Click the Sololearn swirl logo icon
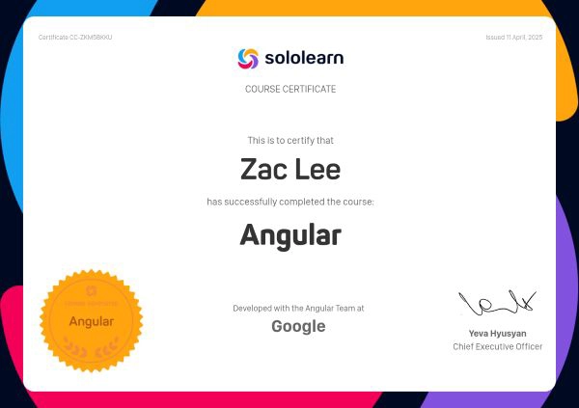point(248,58)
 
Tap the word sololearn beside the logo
point(304,58)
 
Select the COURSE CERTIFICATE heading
point(290,89)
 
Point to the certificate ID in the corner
point(75,38)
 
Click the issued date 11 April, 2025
point(514,38)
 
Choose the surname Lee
point(319,171)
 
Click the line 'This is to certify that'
point(290,141)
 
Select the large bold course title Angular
point(290,234)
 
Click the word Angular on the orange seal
point(92,321)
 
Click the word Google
point(298,326)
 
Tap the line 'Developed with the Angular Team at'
point(298,309)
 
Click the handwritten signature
point(496,304)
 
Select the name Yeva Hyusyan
point(497,334)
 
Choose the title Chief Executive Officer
point(497,346)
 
